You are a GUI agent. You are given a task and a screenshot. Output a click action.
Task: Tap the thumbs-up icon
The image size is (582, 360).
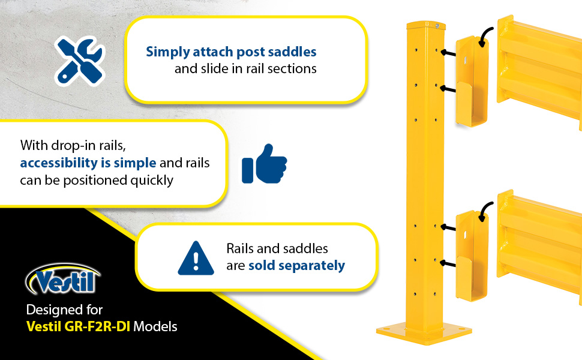pos(264,163)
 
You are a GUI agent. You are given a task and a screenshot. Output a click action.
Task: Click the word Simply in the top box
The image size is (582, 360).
pos(166,52)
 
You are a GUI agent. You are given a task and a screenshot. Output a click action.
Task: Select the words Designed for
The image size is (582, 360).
pos(64,310)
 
